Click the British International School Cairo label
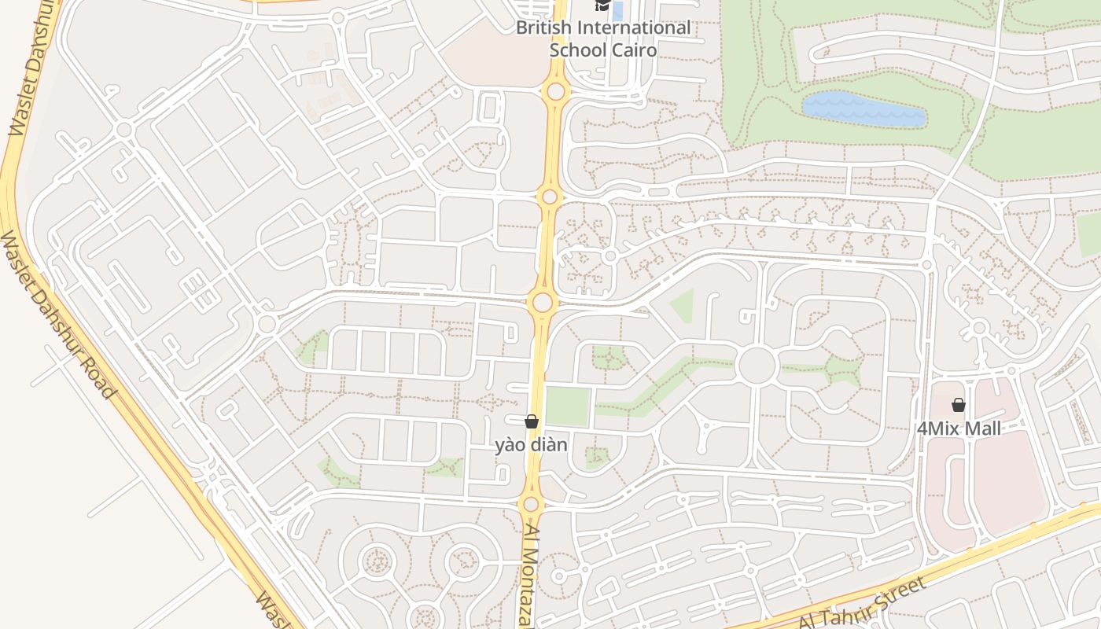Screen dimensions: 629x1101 (x=603, y=39)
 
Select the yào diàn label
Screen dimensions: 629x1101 (x=531, y=445)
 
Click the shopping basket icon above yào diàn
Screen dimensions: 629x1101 (x=532, y=422)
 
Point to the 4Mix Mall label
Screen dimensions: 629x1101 (x=959, y=429)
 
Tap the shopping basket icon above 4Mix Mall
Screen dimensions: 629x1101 (x=959, y=405)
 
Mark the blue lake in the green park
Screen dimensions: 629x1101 (x=863, y=109)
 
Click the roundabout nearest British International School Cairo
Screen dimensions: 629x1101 (x=556, y=91)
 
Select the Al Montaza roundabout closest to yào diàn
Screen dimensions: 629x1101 (x=531, y=503)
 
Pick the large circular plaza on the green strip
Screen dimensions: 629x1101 (x=757, y=366)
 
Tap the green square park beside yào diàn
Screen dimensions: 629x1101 (x=567, y=406)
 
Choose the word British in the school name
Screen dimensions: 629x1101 (x=543, y=28)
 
